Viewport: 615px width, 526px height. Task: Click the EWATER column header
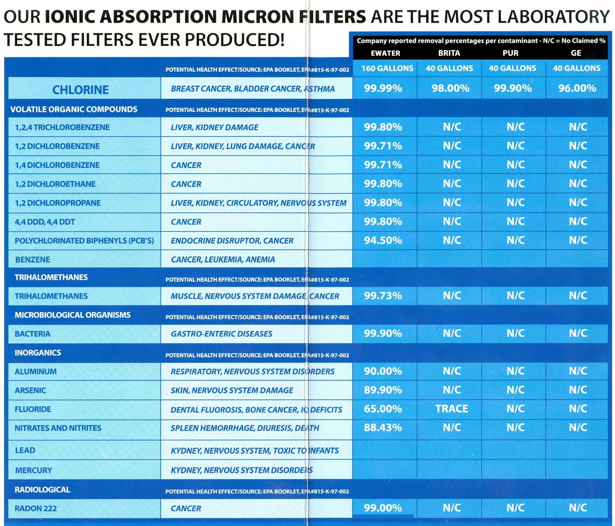tap(385, 53)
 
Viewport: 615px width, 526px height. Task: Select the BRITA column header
tap(449, 53)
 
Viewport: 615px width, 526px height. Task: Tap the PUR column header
tap(510, 53)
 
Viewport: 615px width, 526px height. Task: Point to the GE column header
tap(576, 53)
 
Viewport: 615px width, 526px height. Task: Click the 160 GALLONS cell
tap(387, 69)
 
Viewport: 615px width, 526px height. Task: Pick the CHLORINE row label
tap(80, 90)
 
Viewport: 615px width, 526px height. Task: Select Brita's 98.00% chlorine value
tap(450, 88)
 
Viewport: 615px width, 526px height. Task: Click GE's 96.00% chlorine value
tap(577, 88)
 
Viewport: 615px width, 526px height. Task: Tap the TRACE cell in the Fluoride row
tap(451, 409)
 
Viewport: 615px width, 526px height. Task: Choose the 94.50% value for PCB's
tap(383, 241)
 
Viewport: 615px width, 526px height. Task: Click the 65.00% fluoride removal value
tap(383, 409)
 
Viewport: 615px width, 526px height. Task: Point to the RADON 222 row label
tap(36, 508)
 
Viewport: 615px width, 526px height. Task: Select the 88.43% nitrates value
tap(383, 428)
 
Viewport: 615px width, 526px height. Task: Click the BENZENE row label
tap(32, 260)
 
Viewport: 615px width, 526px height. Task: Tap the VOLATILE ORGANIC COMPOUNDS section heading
tap(74, 110)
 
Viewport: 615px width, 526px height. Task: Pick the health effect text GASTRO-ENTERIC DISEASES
tap(221, 334)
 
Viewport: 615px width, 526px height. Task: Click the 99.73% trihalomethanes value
tap(383, 296)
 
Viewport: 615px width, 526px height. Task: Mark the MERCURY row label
tap(33, 470)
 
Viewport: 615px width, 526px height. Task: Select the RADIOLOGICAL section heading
tap(42, 490)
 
